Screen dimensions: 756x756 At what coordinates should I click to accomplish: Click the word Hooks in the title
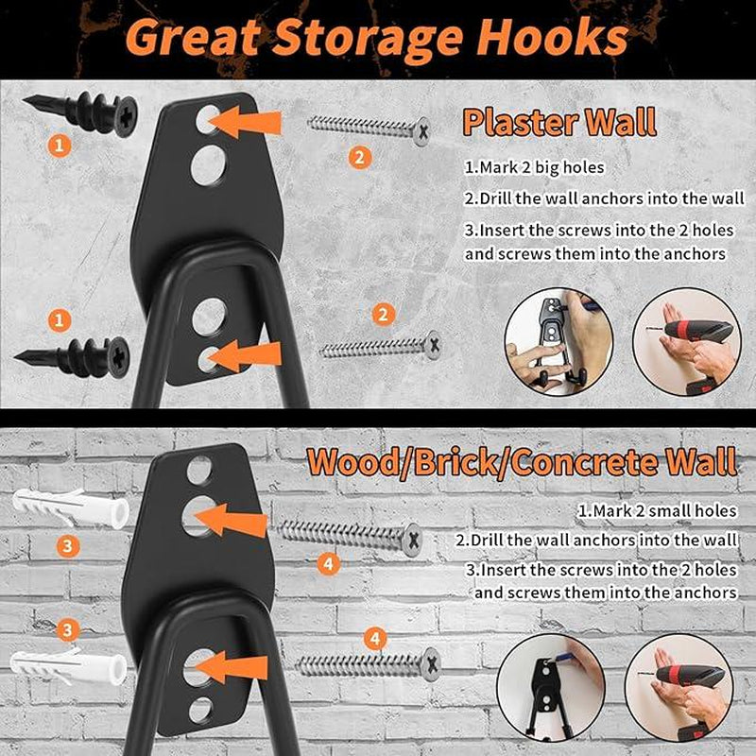pyautogui.click(x=553, y=38)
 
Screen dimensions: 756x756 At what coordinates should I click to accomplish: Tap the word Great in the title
pyautogui.click(x=193, y=39)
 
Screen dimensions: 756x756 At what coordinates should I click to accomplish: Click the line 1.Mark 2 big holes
pyautogui.click(x=534, y=167)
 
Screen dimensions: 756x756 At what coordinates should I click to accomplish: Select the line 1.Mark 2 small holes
pyautogui.click(x=658, y=510)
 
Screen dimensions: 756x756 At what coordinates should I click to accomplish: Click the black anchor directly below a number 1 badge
pyautogui.click(x=73, y=357)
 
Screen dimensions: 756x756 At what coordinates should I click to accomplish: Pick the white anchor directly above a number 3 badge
pyautogui.click(x=70, y=507)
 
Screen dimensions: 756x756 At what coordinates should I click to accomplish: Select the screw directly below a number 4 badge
pyautogui.click(x=368, y=665)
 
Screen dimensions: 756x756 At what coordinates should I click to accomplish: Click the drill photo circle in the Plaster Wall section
pyautogui.click(x=687, y=342)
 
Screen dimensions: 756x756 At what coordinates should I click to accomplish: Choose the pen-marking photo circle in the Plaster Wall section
pyautogui.click(x=558, y=342)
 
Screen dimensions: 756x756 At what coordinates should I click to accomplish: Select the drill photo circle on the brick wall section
pyautogui.click(x=679, y=688)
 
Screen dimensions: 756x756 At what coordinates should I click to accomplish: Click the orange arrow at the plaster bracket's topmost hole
pyautogui.click(x=245, y=122)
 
